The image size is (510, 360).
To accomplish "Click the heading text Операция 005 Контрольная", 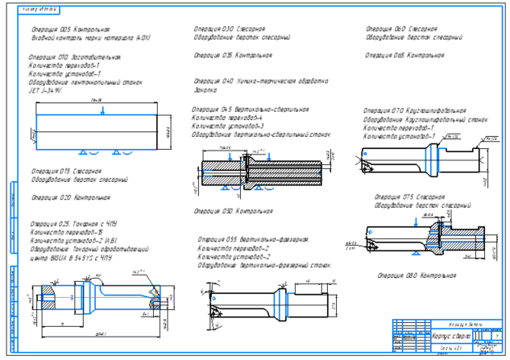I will tap(62, 30).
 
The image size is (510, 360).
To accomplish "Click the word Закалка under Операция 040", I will tap(206, 89).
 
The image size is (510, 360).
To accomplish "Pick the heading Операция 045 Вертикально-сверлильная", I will tap(250, 110).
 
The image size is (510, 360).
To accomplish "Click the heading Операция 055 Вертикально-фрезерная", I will tap(253, 239).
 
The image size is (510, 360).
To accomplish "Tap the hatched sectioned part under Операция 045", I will tap(258, 171).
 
